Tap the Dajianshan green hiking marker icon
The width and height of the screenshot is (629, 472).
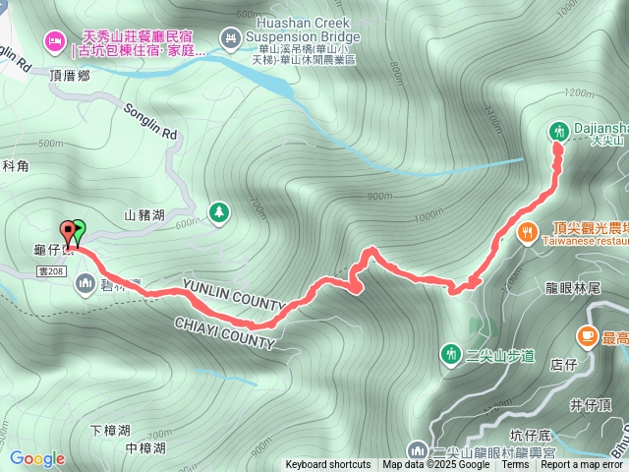[x=558, y=130]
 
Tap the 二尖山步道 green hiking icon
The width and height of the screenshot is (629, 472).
[x=451, y=353]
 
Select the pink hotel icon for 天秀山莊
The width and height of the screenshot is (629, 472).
[x=54, y=39]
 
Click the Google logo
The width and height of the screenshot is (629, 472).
[x=36, y=458]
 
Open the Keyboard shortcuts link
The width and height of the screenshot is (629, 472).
[x=328, y=465]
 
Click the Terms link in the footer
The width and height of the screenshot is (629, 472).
[x=515, y=465]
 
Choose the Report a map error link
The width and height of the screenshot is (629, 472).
[x=582, y=465]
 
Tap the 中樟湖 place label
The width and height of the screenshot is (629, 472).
[x=144, y=448]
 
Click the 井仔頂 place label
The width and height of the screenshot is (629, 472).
[x=590, y=404]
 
